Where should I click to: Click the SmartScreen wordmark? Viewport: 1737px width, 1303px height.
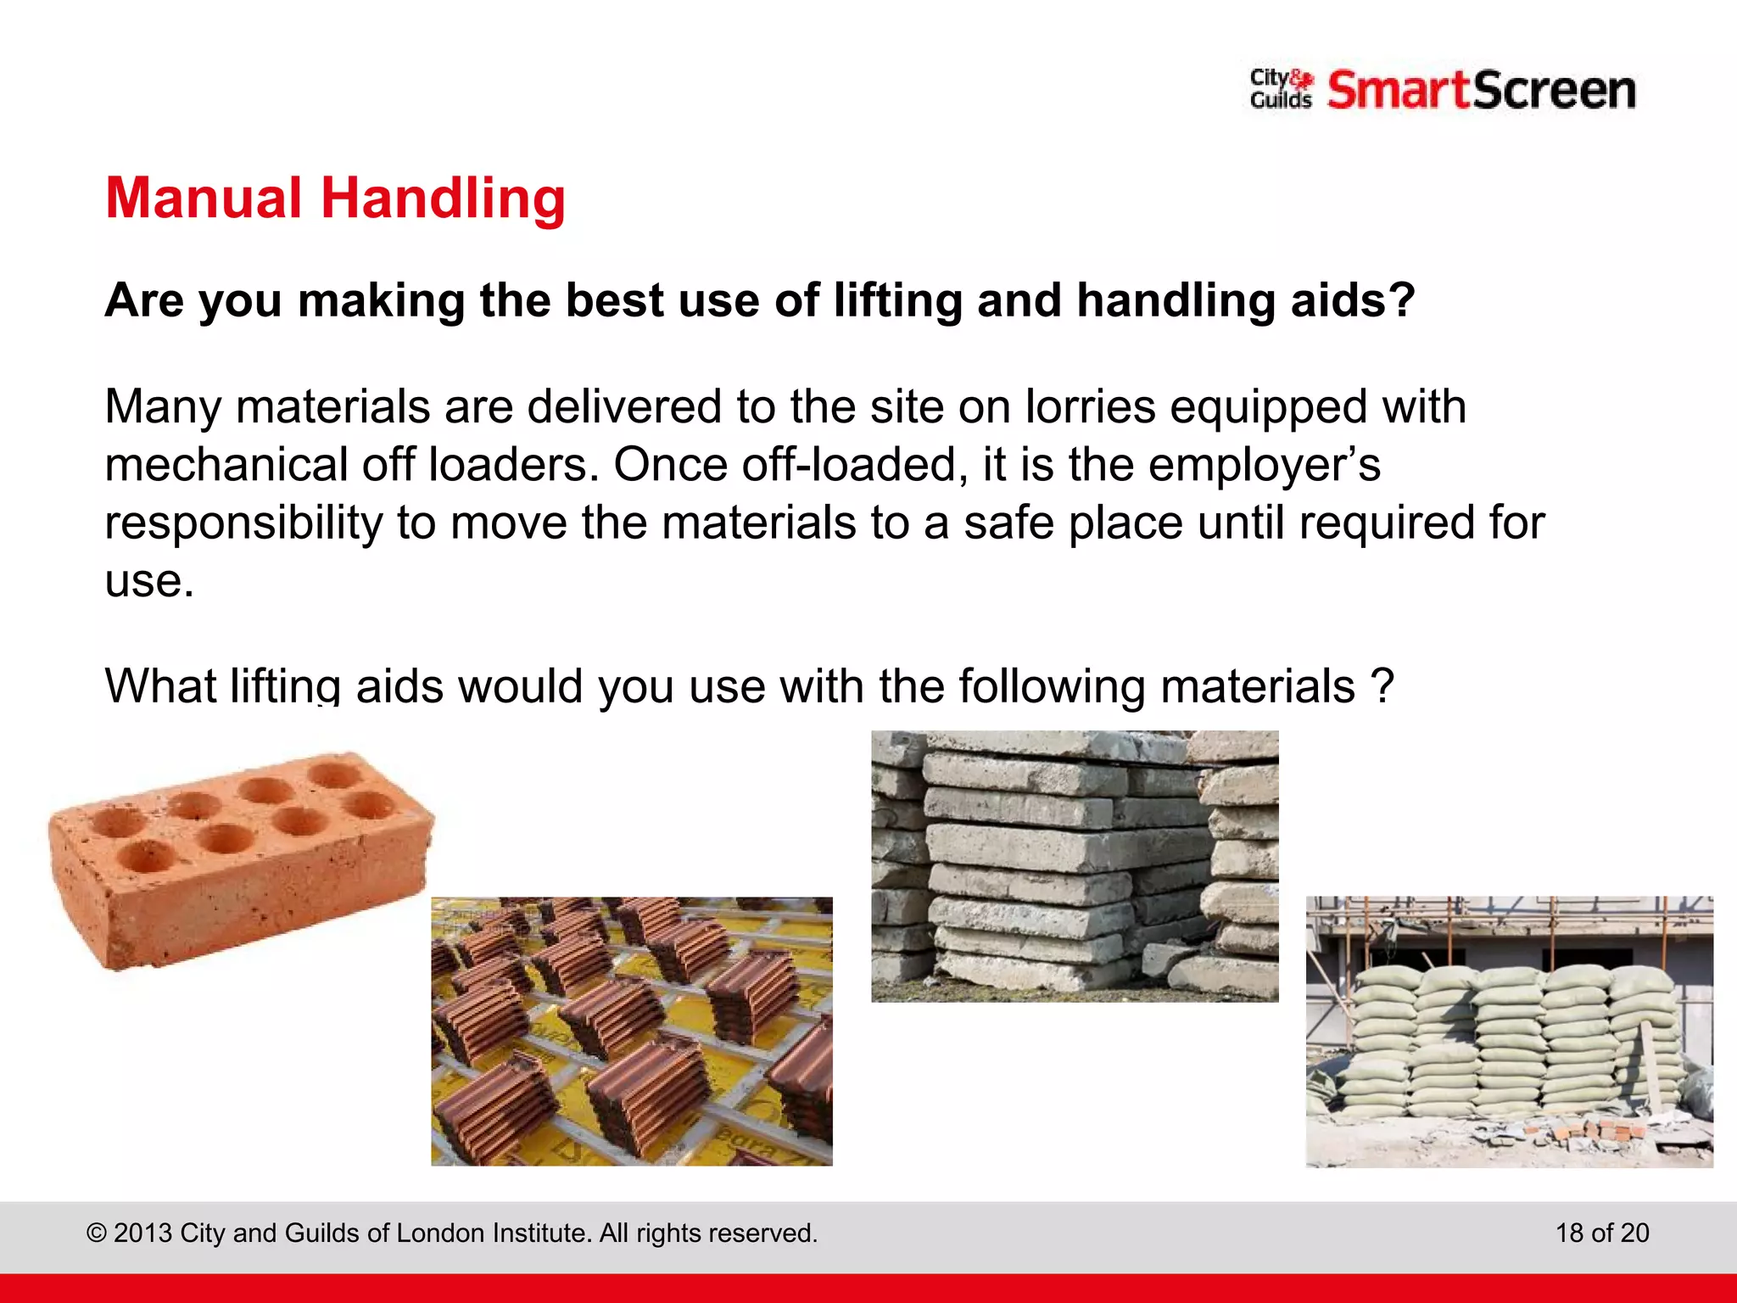[x=1481, y=91]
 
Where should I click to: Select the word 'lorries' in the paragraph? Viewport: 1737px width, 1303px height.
[x=1090, y=407]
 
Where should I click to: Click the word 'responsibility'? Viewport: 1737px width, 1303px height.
[x=243, y=523]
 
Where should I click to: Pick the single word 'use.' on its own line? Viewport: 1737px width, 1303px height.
[x=149, y=581]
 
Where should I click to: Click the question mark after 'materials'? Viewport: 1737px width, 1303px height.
[x=1382, y=685]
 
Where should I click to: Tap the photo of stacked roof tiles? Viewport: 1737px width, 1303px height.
[x=632, y=1031]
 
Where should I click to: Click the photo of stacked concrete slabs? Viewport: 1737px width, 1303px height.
[x=1075, y=866]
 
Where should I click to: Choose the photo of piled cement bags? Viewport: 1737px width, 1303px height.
[x=1509, y=1031]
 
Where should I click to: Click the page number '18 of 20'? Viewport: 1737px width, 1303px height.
[x=1602, y=1233]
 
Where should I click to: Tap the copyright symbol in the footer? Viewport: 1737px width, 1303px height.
[x=97, y=1233]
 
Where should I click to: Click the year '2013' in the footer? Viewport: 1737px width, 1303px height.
[x=143, y=1233]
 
